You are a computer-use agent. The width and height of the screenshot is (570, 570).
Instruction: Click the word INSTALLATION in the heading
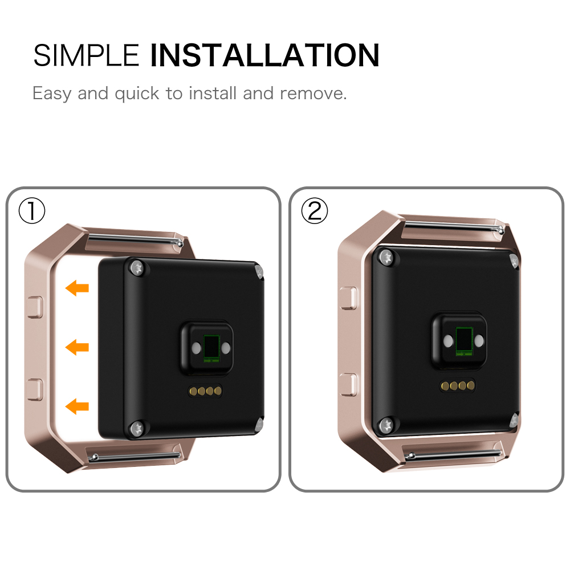tap(264, 55)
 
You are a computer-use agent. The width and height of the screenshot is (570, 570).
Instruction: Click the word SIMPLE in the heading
tap(86, 55)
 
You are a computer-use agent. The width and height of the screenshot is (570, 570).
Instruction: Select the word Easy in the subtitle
tap(52, 94)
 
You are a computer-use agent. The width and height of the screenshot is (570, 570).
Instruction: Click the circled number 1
tap(32, 211)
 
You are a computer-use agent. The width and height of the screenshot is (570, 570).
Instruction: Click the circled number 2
tap(315, 211)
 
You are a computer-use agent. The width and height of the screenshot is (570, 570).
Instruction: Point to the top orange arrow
tap(77, 288)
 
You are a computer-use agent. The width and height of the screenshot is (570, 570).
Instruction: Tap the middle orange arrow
tap(77, 347)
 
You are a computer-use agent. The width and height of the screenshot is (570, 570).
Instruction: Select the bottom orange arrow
tap(77, 406)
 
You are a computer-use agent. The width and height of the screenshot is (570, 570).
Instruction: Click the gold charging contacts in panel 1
tap(205, 391)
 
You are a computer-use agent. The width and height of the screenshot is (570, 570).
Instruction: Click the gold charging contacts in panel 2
tap(458, 386)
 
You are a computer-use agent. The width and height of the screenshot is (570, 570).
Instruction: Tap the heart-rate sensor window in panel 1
tap(211, 348)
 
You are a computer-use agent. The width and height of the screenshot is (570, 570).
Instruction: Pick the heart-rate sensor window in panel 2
tap(464, 341)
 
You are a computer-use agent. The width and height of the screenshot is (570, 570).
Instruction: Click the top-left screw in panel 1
tap(137, 268)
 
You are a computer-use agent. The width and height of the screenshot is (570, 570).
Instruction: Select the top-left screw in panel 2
tap(386, 258)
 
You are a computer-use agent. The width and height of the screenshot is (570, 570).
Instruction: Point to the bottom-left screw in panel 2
tap(386, 425)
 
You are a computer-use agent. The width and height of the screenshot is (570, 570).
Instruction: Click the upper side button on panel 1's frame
tap(35, 307)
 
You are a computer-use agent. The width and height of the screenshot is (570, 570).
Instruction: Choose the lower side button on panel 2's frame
tap(348, 384)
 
